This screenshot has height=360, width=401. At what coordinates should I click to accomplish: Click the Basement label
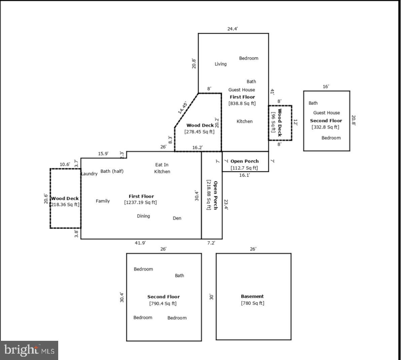(x=252, y=296)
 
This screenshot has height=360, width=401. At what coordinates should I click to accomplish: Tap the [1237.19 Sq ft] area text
(x=140, y=202)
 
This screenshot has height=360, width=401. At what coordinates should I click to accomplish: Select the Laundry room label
(x=89, y=173)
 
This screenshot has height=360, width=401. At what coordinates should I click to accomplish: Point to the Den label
(x=177, y=218)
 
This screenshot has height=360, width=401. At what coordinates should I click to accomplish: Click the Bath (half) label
(x=112, y=171)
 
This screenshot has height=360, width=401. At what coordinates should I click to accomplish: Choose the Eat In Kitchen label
(x=162, y=168)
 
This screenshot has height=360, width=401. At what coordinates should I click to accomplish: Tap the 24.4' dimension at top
(x=232, y=29)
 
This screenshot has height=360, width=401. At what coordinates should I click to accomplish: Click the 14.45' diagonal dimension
(x=182, y=107)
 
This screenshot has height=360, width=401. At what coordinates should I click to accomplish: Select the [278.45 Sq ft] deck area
(x=199, y=132)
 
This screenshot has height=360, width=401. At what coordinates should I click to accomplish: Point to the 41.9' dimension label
(x=140, y=243)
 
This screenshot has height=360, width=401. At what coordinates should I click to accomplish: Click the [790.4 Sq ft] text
(x=163, y=303)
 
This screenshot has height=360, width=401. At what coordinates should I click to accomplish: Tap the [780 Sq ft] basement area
(x=252, y=303)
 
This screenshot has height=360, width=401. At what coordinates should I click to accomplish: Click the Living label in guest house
(x=221, y=64)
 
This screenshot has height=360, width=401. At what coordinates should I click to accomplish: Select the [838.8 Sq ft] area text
(x=242, y=103)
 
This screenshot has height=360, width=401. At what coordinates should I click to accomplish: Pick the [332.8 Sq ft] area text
(x=325, y=127)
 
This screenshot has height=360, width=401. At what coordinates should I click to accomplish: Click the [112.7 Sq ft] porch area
(x=244, y=168)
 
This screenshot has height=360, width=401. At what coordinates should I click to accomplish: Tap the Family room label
(x=103, y=201)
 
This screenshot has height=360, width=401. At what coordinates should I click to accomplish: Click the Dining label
(x=143, y=216)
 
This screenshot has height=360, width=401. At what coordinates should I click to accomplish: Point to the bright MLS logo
(x=29, y=350)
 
